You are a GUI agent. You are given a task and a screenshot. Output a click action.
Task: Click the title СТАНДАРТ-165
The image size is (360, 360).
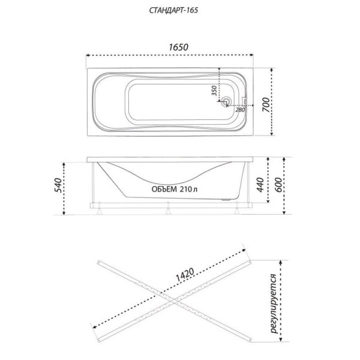(x=173, y=10)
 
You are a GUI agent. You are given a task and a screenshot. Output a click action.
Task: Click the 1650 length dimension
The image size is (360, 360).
(x=178, y=47)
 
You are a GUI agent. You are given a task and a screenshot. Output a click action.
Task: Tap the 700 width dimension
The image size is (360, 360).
(x=266, y=104)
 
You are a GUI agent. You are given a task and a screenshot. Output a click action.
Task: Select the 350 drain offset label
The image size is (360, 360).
(x=214, y=91)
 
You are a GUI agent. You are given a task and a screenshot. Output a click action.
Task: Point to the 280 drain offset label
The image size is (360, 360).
(x=240, y=110)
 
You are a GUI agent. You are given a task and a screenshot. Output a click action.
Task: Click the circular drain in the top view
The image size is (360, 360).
(x=226, y=101)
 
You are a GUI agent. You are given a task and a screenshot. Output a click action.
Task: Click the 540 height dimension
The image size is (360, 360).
(x=58, y=185)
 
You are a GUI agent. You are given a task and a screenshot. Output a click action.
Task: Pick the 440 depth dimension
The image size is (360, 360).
(x=260, y=185)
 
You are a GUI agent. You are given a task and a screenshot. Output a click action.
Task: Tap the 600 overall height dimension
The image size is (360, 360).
(x=278, y=185)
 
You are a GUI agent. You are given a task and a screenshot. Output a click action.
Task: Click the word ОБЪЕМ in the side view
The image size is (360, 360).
(x=164, y=189)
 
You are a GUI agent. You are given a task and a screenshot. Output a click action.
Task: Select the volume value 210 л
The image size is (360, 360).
(x=188, y=189)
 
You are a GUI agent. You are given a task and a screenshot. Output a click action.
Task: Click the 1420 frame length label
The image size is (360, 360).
(x=185, y=275)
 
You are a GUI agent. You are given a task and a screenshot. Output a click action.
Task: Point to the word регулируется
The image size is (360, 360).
(x=274, y=304)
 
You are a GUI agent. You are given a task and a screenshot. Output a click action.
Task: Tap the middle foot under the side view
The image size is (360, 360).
(x=168, y=208)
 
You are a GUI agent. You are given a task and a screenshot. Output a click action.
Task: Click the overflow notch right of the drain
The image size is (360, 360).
(x=244, y=101)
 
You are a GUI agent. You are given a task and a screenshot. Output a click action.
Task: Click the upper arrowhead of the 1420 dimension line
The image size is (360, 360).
(x=244, y=250)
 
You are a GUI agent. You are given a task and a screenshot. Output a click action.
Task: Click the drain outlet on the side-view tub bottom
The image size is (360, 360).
(x=227, y=200)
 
